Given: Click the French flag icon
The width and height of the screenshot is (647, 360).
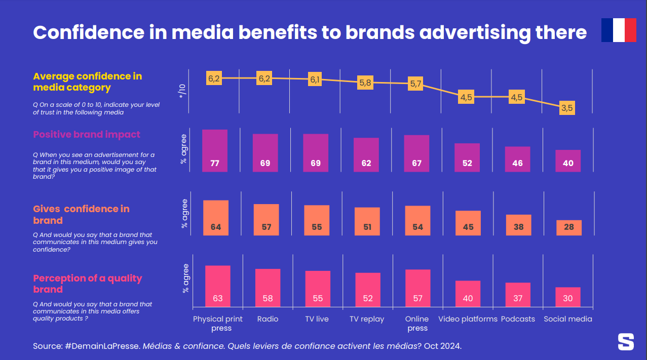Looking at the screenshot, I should (x=618, y=30).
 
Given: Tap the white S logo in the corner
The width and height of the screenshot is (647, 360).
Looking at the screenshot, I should (x=626, y=342).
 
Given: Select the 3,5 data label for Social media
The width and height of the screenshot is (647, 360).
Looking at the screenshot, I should (x=567, y=108).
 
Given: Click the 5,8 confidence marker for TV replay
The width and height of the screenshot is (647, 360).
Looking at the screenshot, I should (x=365, y=83).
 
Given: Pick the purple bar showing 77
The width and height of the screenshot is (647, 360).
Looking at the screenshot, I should (x=215, y=151).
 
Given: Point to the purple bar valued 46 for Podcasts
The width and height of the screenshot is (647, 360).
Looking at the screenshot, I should (x=518, y=159).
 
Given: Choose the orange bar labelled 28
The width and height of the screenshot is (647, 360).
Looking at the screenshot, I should (x=568, y=228).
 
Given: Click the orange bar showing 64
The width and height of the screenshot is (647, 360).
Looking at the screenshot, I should (x=216, y=218).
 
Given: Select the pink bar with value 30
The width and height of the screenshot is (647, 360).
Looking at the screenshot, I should (x=567, y=297).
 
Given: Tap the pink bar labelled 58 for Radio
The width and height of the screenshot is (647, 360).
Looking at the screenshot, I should (x=268, y=288).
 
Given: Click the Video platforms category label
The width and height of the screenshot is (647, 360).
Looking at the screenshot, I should (x=468, y=319).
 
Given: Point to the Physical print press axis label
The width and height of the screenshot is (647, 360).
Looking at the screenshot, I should (x=218, y=324).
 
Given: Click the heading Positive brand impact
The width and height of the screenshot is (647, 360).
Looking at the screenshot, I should (x=87, y=135).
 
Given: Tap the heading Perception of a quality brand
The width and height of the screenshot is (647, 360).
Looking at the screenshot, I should (x=87, y=284).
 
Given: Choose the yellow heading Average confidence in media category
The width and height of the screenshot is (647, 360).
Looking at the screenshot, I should (x=87, y=82).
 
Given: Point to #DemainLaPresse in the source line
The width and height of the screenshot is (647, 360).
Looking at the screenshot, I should (x=102, y=346).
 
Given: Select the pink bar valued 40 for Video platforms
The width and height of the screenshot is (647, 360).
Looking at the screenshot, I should (x=468, y=294).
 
